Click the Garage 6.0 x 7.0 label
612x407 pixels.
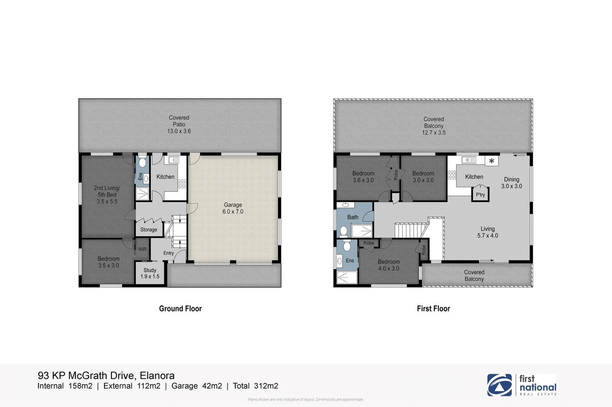pyautogui.click(x=233, y=208)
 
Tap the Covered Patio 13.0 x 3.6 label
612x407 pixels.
pyautogui.click(x=179, y=124)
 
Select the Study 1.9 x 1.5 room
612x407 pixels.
pyautogui.click(x=150, y=273)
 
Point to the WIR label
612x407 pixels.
pyautogui.click(x=142, y=249)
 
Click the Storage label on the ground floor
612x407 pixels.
pyautogui.click(x=149, y=230)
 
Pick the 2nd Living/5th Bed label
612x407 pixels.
pyautogui.click(x=107, y=194)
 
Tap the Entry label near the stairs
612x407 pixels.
pyautogui.click(x=169, y=253)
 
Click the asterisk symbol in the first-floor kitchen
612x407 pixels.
pyautogui.click(x=491, y=161)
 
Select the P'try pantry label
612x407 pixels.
pyautogui.click(x=480, y=195)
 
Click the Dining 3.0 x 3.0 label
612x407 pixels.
pyautogui.click(x=512, y=183)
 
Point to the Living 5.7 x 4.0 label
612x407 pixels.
pyautogui.click(x=488, y=232)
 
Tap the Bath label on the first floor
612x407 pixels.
pyautogui.click(x=353, y=217)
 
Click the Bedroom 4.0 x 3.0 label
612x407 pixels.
pyautogui.click(x=389, y=265)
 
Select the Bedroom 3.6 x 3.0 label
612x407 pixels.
pyautogui.click(x=363, y=177)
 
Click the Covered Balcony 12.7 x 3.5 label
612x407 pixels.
pyautogui.click(x=434, y=125)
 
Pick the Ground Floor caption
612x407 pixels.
pyautogui.click(x=180, y=309)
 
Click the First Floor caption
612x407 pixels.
pyautogui.click(x=433, y=309)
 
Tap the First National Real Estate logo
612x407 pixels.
pyautogui.click(x=522, y=385)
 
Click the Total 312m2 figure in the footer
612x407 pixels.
pyautogui.click(x=256, y=386)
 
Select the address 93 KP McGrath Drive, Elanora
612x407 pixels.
pyautogui.click(x=106, y=375)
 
